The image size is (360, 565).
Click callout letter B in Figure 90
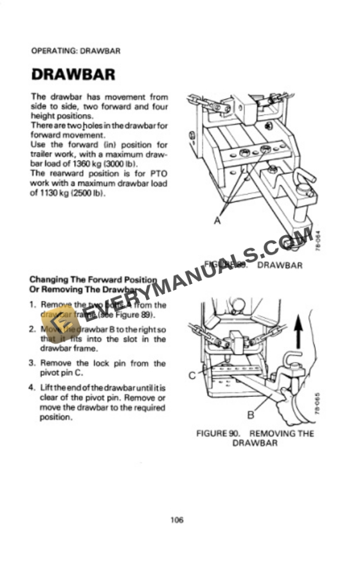250,416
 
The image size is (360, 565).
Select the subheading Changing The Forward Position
93,280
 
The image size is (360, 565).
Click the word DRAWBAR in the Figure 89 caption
279,265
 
